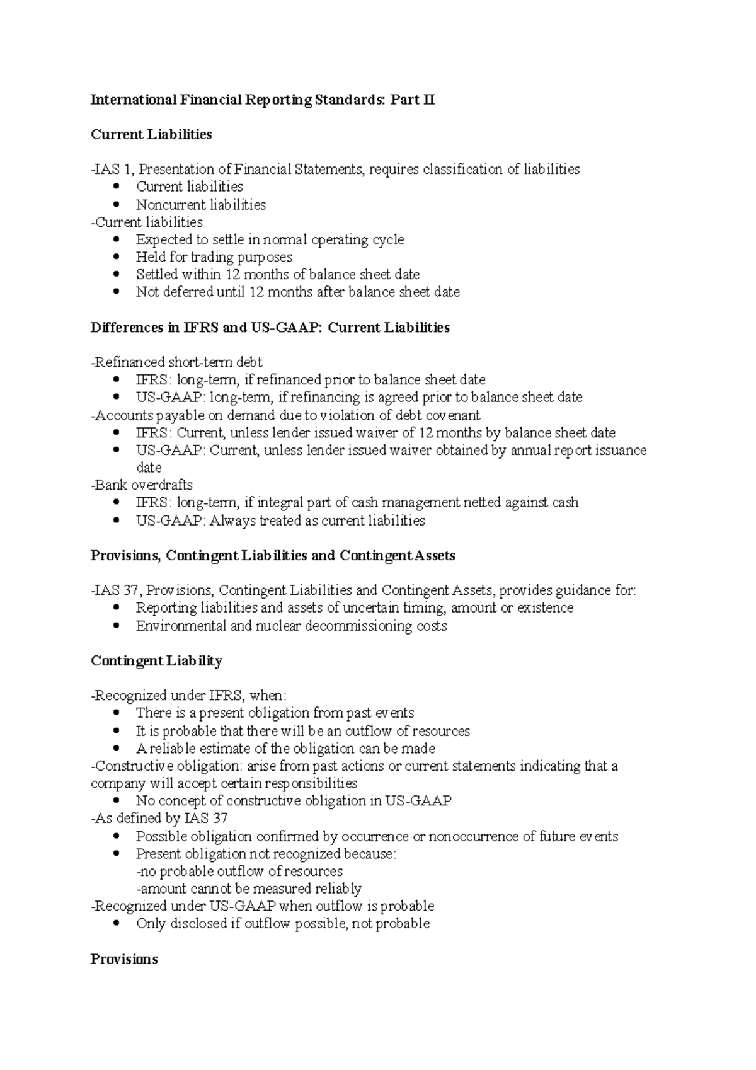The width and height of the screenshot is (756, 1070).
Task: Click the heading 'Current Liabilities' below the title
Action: click(x=151, y=134)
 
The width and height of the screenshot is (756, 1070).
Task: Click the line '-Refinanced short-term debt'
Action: click(x=176, y=362)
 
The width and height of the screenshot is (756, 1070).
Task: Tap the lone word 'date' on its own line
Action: click(x=149, y=468)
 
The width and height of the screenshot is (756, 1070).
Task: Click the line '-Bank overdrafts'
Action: click(x=142, y=485)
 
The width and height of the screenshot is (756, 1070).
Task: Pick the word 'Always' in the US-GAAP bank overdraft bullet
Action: click(x=231, y=521)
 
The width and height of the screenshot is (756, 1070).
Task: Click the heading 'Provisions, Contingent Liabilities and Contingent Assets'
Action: click(x=273, y=556)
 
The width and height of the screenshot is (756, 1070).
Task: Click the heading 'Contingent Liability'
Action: click(x=156, y=661)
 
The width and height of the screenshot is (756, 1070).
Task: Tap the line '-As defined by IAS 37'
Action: click(x=159, y=819)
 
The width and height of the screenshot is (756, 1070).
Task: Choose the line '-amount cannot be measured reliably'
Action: click(x=249, y=889)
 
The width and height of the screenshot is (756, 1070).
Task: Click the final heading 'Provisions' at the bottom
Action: click(x=124, y=960)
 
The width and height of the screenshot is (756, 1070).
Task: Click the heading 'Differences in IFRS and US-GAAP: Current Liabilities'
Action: click(x=270, y=328)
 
